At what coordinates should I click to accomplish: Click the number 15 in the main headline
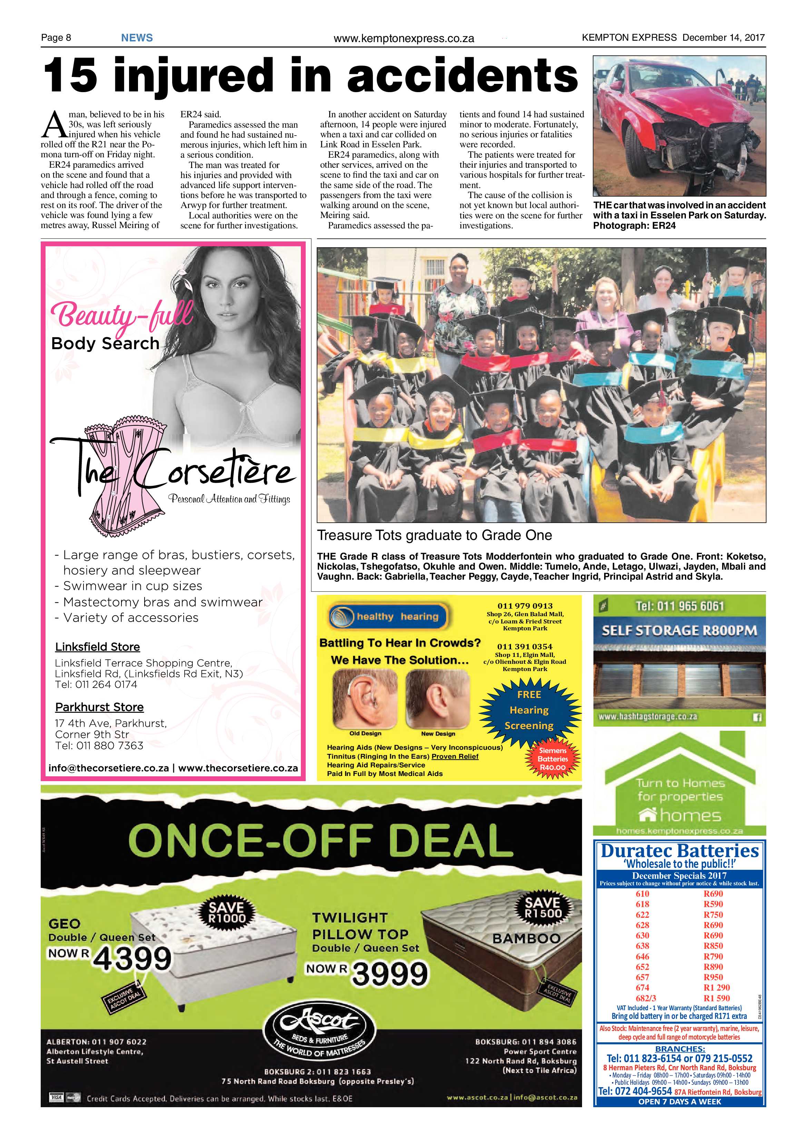pos(70,76)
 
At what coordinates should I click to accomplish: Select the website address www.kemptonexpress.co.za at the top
pos(404,38)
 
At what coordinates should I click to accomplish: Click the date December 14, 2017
pos(723,37)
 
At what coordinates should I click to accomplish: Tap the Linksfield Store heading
pos(97,647)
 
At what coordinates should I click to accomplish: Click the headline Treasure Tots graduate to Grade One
pos(434,535)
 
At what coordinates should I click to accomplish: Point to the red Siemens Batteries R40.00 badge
pos(553,759)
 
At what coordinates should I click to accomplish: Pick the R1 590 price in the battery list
pos(717,998)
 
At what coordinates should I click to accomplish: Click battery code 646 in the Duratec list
pos(642,956)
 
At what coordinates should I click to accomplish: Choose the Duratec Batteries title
pos(679,851)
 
